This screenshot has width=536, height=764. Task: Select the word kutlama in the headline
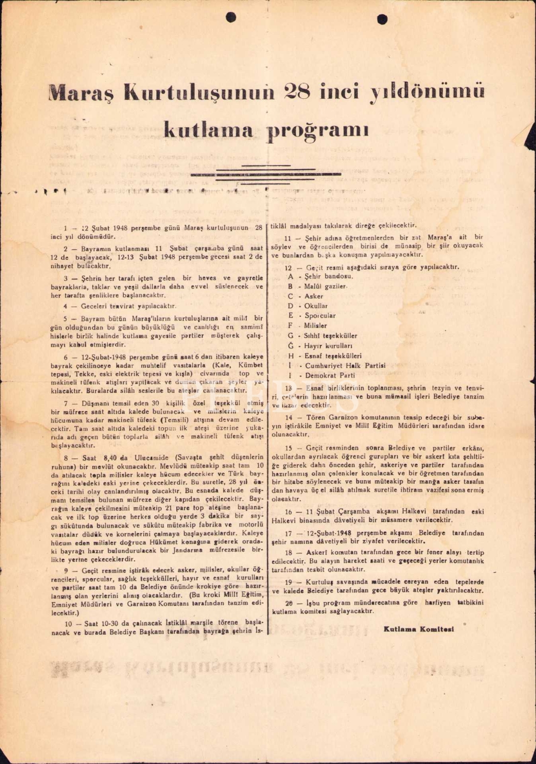pyautogui.click(x=208, y=130)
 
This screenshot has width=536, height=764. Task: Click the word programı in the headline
pyautogui.click(x=318, y=131)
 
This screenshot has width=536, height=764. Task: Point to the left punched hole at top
pyautogui.click(x=231, y=17)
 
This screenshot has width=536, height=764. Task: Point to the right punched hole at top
pyautogui.click(x=382, y=19)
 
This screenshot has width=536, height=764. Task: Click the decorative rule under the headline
pyautogui.click(x=265, y=174)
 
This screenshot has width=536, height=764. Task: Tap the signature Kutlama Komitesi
pyautogui.click(x=419, y=629)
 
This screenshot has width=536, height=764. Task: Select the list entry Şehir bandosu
pyautogui.click(x=328, y=277)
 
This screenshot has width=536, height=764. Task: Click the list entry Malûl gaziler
pyautogui.click(x=326, y=286)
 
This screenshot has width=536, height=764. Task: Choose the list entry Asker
pyautogui.click(x=314, y=296)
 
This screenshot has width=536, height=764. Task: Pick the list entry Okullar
pyautogui.click(x=316, y=306)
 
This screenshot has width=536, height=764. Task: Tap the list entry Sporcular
pyautogui.click(x=320, y=316)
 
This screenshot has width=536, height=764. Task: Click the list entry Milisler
pyautogui.click(x=315, y=325)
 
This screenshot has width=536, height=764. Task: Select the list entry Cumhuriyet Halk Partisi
pyautogui.click(x=345, y=365)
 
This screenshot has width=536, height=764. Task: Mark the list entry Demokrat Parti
pyautogui.click(x=330, y=375)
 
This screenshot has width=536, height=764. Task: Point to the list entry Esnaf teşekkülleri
pyautogui.click(x=333, y=356)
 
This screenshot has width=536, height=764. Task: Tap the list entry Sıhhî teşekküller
pyautogui.click(x=331, y=336)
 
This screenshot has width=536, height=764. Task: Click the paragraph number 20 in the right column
pyautogui.click(x=289, y=603)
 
